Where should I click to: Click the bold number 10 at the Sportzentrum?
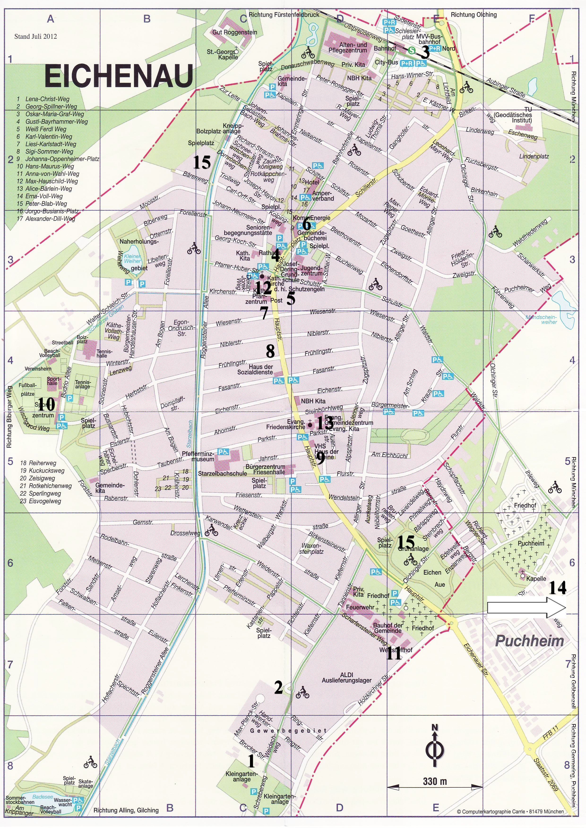point(46,405)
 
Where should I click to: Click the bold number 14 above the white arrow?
point(557,588)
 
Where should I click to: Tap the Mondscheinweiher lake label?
point(541,319)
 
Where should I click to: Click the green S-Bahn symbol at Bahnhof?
point(411,51)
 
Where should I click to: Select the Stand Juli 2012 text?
point(35,36)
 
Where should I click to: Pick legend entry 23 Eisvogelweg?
point(40,501)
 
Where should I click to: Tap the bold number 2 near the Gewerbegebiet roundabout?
point(278,687)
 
